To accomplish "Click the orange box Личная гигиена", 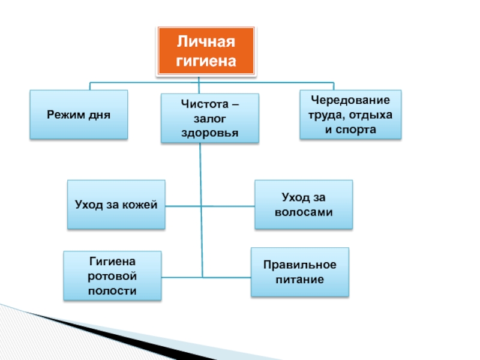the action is click(x=206, y=51).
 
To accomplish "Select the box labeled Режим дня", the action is click(x=79, y=115).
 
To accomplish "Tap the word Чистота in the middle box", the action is click(x=205, y=104).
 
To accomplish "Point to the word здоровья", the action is click(x=209, y=133).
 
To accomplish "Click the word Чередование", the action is click(x=350, y=100).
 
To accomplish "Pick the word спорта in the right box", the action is click(x=356, y=130).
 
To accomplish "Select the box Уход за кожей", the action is click(x=116, y=205).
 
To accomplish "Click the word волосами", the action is click(x=304, y=212).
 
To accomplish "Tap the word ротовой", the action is click(x=112, y=276).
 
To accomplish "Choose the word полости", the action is click(x=112, y=291).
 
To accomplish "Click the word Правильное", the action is click(x=299, y=265).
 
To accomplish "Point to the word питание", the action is click(x=299, y=280).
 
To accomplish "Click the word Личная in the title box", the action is click(x=206, y=42).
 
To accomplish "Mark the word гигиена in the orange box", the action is click(x=206, y=61).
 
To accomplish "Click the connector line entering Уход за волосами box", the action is click(x=228, y=206).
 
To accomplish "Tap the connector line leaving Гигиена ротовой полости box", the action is click(x=182, y=277).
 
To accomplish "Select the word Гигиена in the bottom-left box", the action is click(x=112, y=262).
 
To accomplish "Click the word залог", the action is click(x=209, y=119).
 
